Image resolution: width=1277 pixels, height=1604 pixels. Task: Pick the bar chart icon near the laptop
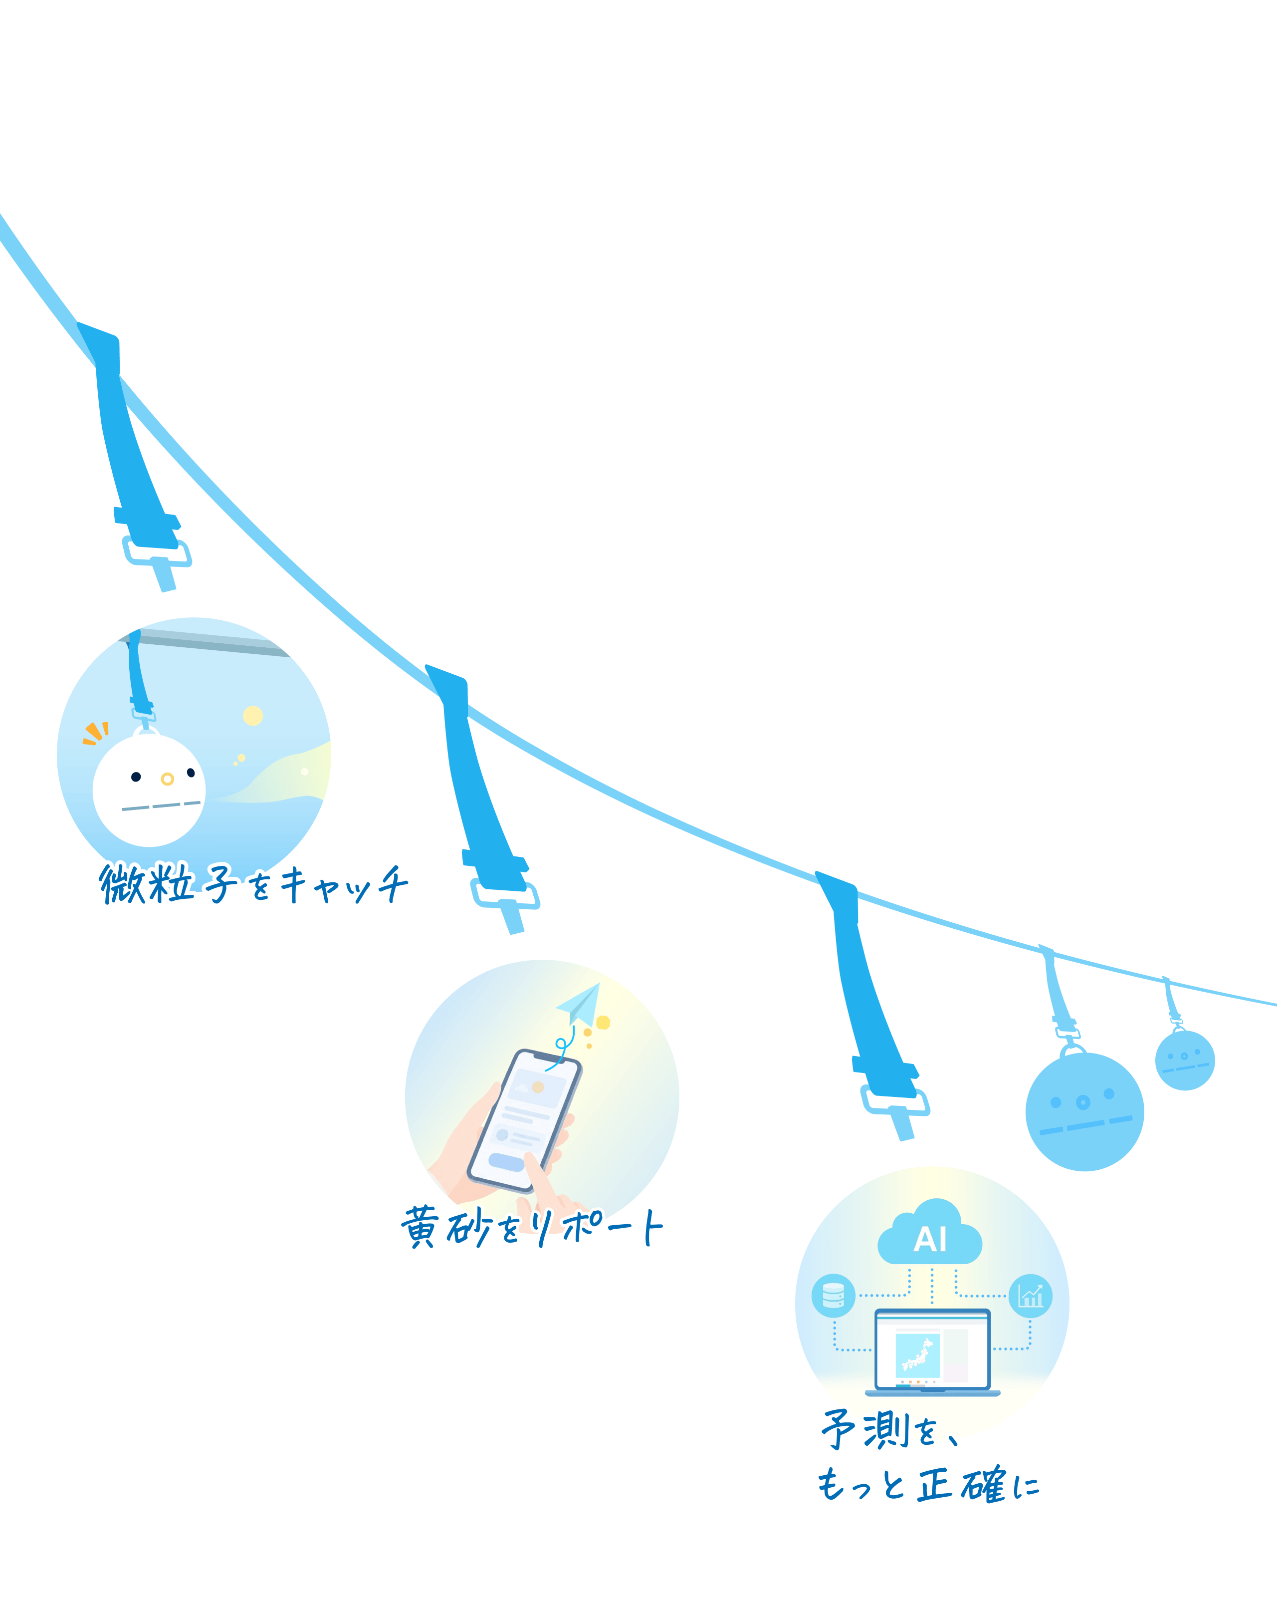1030,1296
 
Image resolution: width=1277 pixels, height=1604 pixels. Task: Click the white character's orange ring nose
167,779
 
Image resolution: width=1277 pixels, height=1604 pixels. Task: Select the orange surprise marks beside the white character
96,733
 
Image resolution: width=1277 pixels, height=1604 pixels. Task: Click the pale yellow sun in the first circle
253,716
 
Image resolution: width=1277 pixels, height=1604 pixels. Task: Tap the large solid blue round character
1084,1111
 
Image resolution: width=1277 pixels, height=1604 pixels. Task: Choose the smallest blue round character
1185,1060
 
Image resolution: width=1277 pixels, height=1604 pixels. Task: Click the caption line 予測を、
889,1429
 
